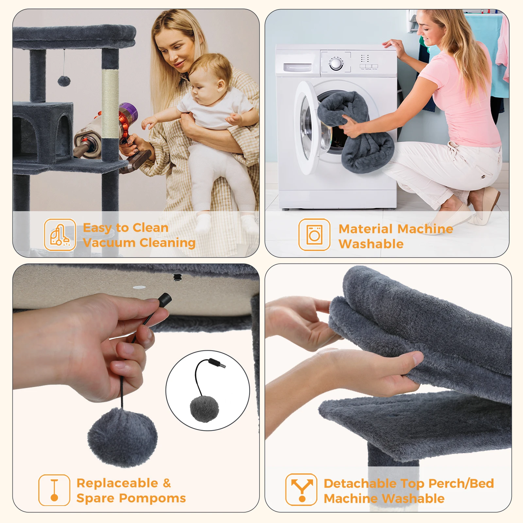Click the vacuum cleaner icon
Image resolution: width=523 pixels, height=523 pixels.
[x=60, y=235]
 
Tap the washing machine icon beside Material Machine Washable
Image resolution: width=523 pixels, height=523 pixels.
[x=314, y=235]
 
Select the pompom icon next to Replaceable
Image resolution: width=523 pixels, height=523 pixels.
[x=54, y=490]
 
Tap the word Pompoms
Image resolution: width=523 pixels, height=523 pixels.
[x=152, y=498]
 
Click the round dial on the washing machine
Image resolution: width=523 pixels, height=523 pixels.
[x=336, y=64]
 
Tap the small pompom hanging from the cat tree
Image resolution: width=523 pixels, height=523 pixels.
[x=64, y=81]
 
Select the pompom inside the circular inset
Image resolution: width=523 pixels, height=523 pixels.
[x=204, y=409]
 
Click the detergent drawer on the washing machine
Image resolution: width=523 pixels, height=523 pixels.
[x=297, y=67]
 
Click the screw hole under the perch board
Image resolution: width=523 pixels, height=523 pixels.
[x=177, y=278]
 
